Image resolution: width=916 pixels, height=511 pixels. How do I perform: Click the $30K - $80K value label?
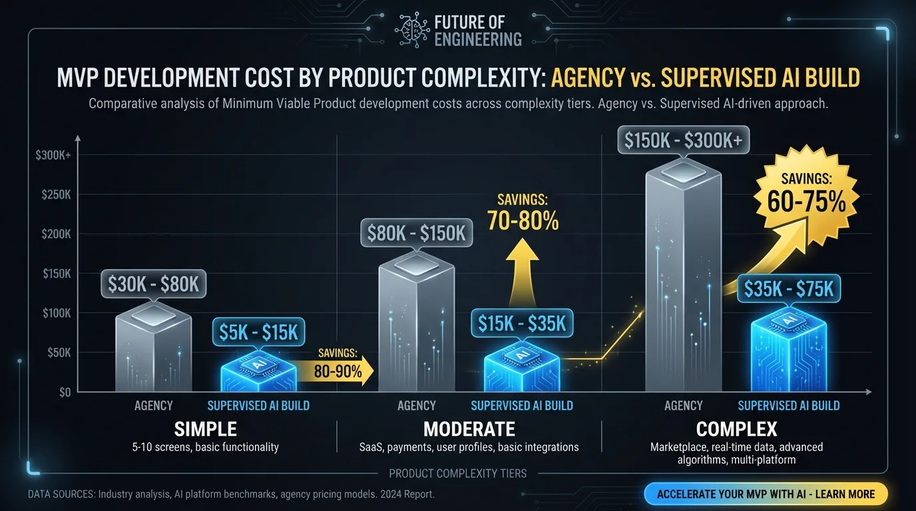tap(154, 284)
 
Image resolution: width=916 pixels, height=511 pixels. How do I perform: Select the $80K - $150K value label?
tap(417, 234)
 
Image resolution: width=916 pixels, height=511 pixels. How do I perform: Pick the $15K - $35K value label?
tap(522, 323)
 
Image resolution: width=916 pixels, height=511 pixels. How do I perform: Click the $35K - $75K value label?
tap(789, 289)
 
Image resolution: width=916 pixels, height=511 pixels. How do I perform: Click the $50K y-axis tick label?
tap(58, 353)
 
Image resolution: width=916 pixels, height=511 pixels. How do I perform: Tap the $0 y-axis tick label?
tap(64, 392)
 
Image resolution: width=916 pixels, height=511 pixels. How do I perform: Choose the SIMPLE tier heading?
tap(205, 428)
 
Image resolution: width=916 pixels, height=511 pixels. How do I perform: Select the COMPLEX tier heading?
tap(736, 428)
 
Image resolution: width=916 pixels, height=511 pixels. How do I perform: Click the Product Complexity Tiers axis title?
tap(457, 474)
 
